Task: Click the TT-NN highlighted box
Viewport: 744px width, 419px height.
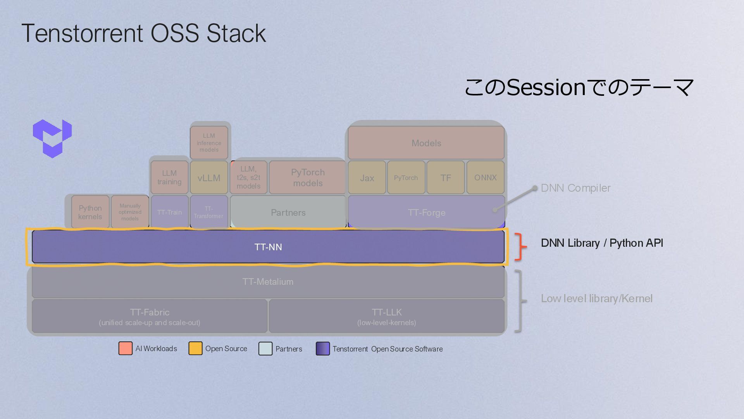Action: (x=268, y=247)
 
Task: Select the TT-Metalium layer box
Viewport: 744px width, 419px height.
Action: (x=268, y=282)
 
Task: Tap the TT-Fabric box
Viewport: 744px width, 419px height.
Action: (x=150, y=316)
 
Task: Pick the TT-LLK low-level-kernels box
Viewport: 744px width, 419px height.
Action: (x=387, y=316)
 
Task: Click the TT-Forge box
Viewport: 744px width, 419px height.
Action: (x=426, y=212)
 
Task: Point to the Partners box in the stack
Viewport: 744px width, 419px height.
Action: (x=288, y=212)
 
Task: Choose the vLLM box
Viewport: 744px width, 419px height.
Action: (x=209, y=178)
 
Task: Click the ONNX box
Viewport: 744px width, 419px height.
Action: (x=485, y=177)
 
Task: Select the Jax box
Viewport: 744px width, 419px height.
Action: (x=367, y=178)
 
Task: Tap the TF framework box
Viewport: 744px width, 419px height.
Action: (x=446, y=178)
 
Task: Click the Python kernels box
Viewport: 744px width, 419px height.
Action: (x=90, y=212)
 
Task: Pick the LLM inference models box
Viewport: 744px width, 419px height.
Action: (x=209, y=142)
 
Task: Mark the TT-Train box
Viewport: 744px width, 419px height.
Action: (x=169, y=212)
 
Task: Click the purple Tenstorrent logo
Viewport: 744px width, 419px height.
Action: (x=52, y=139)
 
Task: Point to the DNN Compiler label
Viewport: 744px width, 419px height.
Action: (x=575, y=188)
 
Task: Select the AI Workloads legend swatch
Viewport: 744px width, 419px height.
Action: (x=125, y=348)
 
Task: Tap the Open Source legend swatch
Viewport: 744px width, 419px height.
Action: (x=195, y=348)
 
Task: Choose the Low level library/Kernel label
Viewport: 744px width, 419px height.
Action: (x=596, y=298)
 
